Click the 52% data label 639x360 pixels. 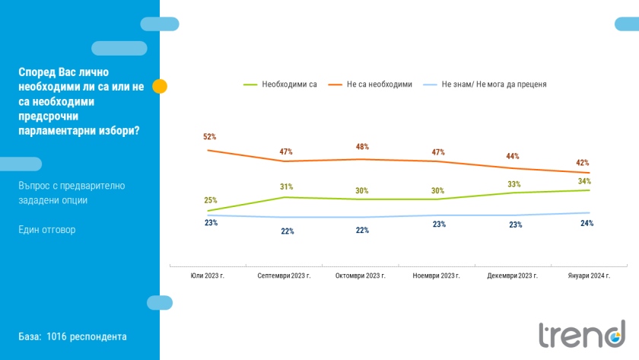[x=209, y=137]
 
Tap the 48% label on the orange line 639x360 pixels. [x=362, y=147]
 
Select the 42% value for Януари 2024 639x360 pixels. [x=583, y=163]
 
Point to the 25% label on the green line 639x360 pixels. [x=211, y=201]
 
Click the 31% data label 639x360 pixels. [x=286, y=186]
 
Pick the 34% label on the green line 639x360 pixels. [x=584, y=181]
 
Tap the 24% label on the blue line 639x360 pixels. [x=587, y=224]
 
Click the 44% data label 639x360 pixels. [x=512, y=157]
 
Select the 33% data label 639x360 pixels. [x=513, y=184]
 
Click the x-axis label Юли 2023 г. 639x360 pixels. [x=208, y=276]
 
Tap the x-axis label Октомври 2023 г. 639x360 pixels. [x=361, y=276]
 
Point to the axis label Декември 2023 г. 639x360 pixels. [x=513, y=276]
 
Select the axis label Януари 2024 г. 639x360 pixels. [x=590, y=276]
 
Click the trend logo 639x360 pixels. [x=582, y=335]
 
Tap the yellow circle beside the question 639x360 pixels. [x=160, y=86]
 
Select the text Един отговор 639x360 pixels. [x=47, y=230]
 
